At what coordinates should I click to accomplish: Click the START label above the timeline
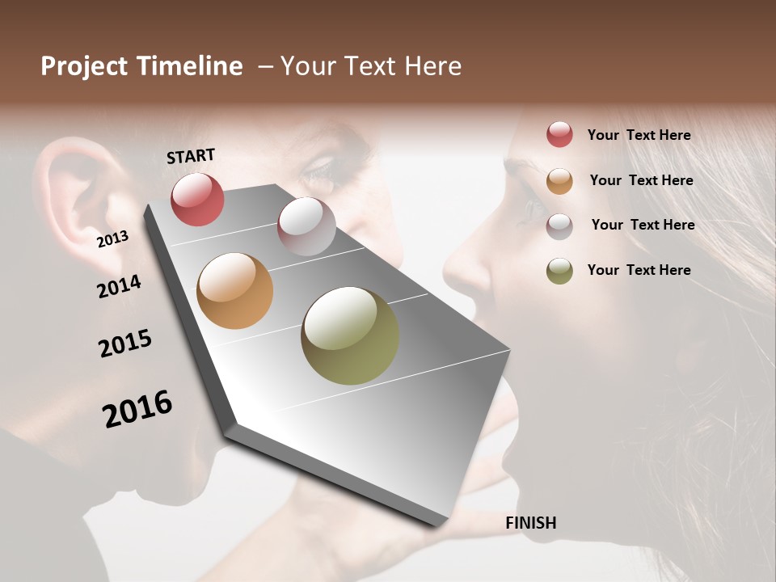pos(191,156)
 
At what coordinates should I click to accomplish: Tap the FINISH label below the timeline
pos(530,523)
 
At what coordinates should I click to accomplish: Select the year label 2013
pos(112,239)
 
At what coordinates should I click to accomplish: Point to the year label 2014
pos(119,287)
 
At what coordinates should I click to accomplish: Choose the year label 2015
pos(125,344)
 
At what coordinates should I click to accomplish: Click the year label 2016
pos(137,409)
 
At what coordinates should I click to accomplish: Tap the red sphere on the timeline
pos(197,199)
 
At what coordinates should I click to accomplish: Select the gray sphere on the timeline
pos(306,226)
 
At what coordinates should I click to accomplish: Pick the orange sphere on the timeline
pos(234,291)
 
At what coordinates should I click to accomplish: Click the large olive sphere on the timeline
pos(350,335)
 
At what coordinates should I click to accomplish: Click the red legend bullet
pos(559,135)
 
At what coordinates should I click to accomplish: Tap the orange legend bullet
pos(559,181)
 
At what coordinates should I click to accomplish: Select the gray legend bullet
pos(559,226)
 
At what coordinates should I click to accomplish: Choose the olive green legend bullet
pos(559,271)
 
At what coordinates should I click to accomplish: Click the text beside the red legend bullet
pos(639,135)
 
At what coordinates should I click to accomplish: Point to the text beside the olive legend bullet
pos(639,270)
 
